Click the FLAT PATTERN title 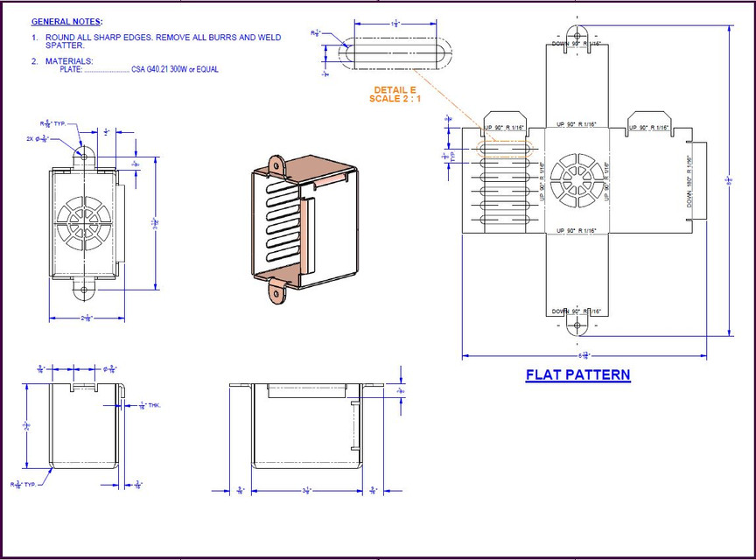click(x=577, y=375)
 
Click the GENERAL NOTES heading click(x=66, y=21)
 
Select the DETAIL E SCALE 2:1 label click(x=395, y=94)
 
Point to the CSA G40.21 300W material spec click(x=174, y=70)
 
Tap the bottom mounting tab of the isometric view click(x=279, y=292)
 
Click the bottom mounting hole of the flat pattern click(x=577, y=328)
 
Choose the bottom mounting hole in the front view click(x=85, y=288)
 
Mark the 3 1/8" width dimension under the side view click(x=307, y=491)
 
